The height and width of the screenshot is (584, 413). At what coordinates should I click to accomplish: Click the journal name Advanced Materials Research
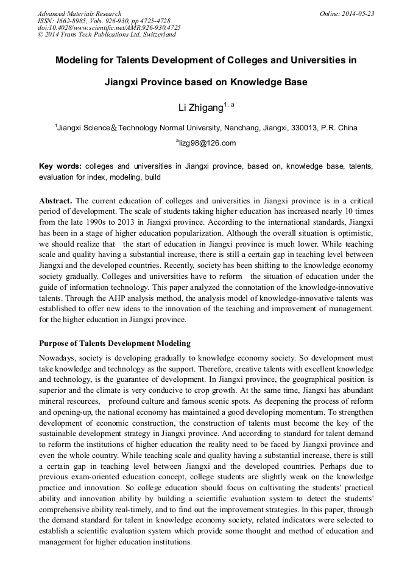click(x=79, y=13)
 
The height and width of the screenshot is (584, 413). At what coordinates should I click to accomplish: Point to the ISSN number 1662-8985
click(x=71, y=21)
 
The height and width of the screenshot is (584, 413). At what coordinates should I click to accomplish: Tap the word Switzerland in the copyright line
click(x=158, y=35)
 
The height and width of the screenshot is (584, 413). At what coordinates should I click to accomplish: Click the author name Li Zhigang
click(x=199, y=108)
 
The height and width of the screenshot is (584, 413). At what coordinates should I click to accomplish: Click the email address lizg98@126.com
click(x=207, y=143)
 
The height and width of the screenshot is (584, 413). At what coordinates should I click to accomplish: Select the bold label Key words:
click(x=60, y=166)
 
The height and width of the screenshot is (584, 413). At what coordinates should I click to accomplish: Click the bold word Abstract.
click(x=56, y=200)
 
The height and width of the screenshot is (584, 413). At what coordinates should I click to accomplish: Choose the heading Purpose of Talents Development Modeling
click(x=115, y=343)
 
